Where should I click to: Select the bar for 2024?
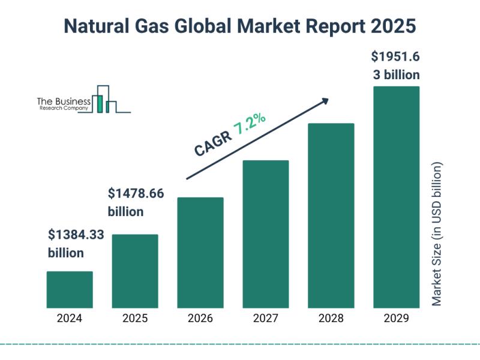[x=70, y=289]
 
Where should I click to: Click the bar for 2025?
[x=135, y=271]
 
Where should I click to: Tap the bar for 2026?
[x=200, y=252]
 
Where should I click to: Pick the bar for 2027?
[x=266, y=233]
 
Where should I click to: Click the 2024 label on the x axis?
[x=70, y=319]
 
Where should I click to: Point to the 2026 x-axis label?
[x=200, y=319]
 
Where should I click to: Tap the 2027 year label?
[x=266, y=319]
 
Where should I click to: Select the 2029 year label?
[x=397, y=319]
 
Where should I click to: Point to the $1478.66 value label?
[x=136, y=194]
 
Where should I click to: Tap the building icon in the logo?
[x=105, y=99]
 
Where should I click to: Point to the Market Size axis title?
[x=437, y=234]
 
